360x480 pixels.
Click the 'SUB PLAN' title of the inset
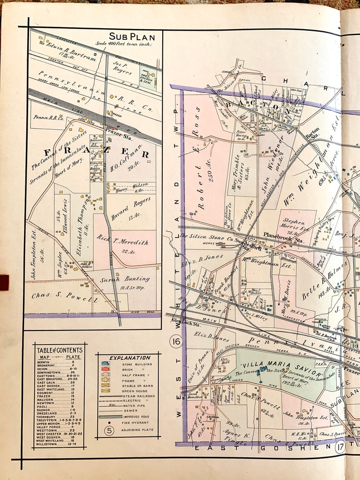(132, 37)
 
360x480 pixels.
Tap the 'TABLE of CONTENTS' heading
(59, 350)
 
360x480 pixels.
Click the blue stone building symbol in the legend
(105, 364)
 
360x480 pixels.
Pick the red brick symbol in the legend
(105, 370)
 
